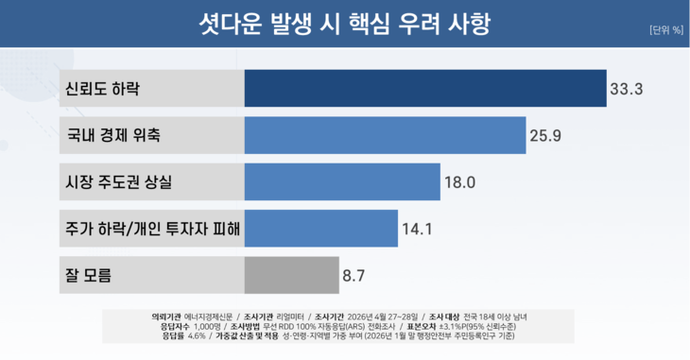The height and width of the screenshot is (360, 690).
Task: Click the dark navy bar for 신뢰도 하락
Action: [x=425, y=89]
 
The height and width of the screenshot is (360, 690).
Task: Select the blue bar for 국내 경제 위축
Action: [x=385, y=135]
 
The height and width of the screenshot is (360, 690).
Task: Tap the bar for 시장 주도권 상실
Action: [x=342, y=181]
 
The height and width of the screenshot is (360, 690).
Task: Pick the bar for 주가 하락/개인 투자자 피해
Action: [x=320, y=229]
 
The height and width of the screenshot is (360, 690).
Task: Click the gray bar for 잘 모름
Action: [x=291, y=275]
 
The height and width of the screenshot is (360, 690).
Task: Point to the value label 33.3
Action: [x=627, y=90]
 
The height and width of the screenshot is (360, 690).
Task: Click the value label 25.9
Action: [x=546, y=136]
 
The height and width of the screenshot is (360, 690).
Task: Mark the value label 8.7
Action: [x=354, y=276]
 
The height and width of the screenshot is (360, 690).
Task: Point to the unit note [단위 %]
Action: [x=665, y=29]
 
